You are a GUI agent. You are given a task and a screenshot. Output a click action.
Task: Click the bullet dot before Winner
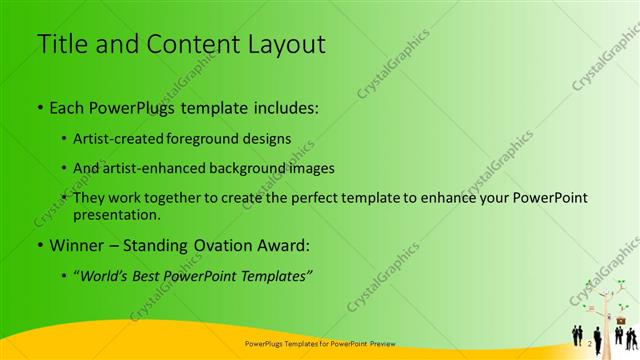pyautogui.click(x=39, y=244)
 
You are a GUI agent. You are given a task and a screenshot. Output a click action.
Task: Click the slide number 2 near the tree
pyautogui.click(x=590, y=343)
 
